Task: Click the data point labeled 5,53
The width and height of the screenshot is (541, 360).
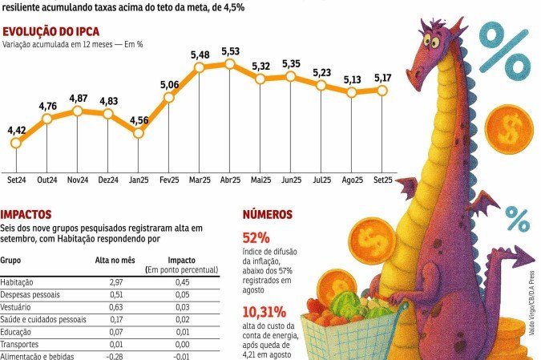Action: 230,63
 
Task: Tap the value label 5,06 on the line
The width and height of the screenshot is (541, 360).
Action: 169,84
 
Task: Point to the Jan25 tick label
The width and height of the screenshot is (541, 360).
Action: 139,181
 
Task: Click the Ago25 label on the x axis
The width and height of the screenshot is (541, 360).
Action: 352,181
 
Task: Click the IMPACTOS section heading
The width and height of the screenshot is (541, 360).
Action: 26,215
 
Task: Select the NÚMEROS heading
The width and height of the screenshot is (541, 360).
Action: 268,215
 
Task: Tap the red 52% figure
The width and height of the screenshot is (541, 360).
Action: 256,238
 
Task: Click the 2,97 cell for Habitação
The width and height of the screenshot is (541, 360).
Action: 116,282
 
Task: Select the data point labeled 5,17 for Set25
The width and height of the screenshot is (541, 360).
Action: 382,91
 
